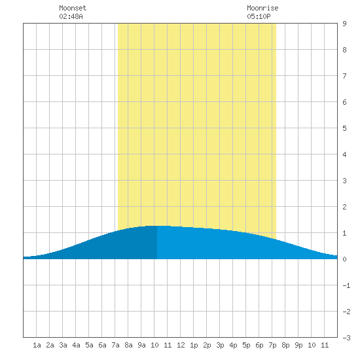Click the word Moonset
coord(73,8)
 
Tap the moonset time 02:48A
coord(71,16)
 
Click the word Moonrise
coord(262,8)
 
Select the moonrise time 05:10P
coord(259,16)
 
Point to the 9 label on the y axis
coord(344,24)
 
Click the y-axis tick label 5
coord(344,128)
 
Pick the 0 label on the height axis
coord(344,259)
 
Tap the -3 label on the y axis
coord(346,338)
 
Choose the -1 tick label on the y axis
coord(346,285)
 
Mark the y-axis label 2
coord(344,207)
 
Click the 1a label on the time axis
coord(37,345)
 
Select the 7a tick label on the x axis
coord(115,345)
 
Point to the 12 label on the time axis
coord(181,345)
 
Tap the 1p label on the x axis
coord(194,345)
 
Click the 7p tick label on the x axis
coord(272,345)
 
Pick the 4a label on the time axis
coord(76,345)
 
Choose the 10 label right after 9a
coord(154,345)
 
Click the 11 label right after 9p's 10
coord(325,345)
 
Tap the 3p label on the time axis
coord(220,345)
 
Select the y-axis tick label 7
coord(344,76)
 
